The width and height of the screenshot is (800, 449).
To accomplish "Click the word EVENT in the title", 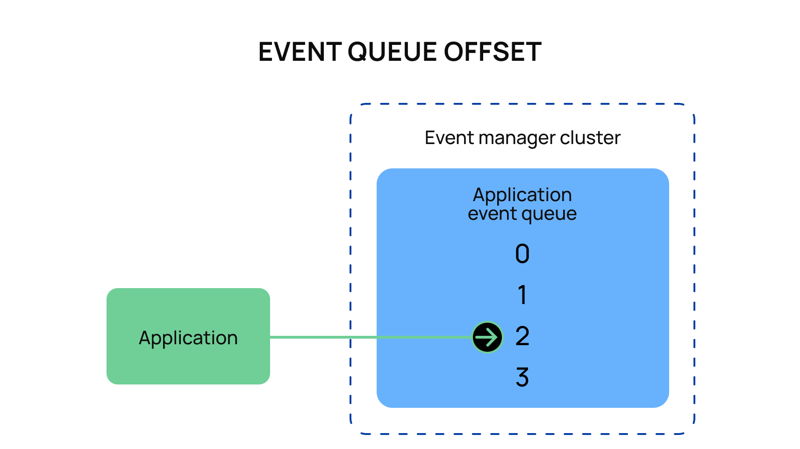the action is [x=300, y=52].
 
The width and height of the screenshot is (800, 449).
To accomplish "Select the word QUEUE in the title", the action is [x=392, y=52].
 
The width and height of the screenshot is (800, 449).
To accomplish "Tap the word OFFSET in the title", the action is [x=493, y=52].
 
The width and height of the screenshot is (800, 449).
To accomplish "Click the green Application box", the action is [x=188, y=336].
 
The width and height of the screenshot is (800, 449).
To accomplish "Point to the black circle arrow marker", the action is [x=487, y=337].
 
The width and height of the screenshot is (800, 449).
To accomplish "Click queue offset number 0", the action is [x=522, y=254].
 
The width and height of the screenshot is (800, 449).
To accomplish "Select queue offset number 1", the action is [x=522, y=295].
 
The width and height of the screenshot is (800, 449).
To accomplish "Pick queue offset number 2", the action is [x=522, y=336].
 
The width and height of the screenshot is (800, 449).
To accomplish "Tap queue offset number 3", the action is [x=522, y=377].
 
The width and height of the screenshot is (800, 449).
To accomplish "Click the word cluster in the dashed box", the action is [x=590, y=138].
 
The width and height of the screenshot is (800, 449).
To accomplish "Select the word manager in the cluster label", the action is [x=516, y=139].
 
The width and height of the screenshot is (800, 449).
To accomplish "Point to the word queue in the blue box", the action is [x=549, y=215].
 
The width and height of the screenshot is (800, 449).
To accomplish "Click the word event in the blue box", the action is [x=492, y=214].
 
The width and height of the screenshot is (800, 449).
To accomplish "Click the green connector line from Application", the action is [x=371, y=337].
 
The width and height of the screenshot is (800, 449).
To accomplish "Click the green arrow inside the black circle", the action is [x=486, y=337].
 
